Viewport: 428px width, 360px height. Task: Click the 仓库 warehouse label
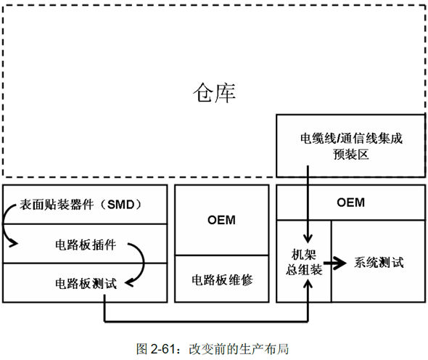tap(214, 93)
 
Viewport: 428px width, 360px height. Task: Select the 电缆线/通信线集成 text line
tap(351, 138)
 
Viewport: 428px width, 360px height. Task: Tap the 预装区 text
tap(351, 155)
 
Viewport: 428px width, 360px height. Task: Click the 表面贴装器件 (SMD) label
tap(81, 204)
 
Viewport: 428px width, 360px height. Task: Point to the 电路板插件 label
tap(86, 245)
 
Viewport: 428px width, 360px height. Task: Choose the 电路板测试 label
tap(86, 283)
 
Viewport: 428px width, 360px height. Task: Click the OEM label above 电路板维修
tap(221, 220)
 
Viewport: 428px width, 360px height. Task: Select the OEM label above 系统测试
tap(351, 202)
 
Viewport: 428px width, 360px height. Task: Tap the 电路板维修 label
tap(222, 280)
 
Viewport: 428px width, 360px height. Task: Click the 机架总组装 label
tap(304, 262)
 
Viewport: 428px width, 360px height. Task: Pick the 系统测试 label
tap(379, 263)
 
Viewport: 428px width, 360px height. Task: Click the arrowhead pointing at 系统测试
tap(340, 263)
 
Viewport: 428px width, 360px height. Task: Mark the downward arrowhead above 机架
tap(308, 238)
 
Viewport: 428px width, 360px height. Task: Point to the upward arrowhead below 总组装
tap(308, 285)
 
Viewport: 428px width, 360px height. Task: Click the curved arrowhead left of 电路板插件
tap(14, 243)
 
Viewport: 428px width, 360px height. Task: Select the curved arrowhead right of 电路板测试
tap(129, 282)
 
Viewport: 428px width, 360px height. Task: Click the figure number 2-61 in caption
tap(162, 349)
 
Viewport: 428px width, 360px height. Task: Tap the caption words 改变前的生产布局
tap(239, 349)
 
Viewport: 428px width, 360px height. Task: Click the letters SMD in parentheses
tap(120, 205)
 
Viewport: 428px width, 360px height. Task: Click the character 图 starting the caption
tap(142, 349)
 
